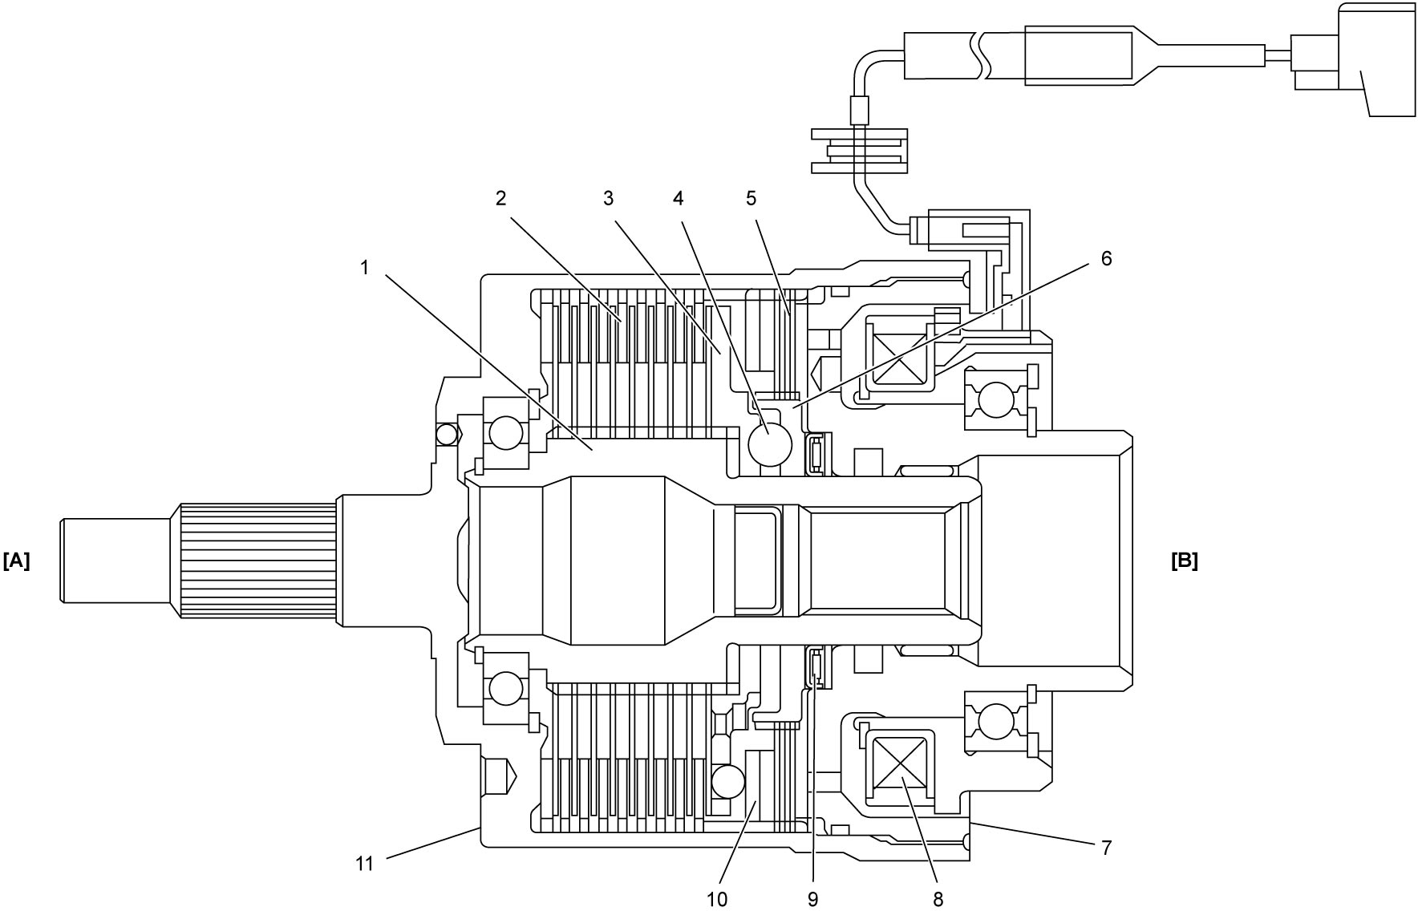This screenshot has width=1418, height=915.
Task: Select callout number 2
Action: pyautogui.click(x=501, y=198)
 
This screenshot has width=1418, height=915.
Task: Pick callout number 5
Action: pyautogui.click(x=751, y=198)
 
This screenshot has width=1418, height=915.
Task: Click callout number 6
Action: pyautogui.click(x=1106, y=258)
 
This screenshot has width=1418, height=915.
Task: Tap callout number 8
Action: pyautogui.click(x=938, y=899)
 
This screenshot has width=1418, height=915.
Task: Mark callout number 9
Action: pyautogui.click(x=813, y=899)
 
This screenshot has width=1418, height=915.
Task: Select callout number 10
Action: pyautogui.click(x=717, y=899)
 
